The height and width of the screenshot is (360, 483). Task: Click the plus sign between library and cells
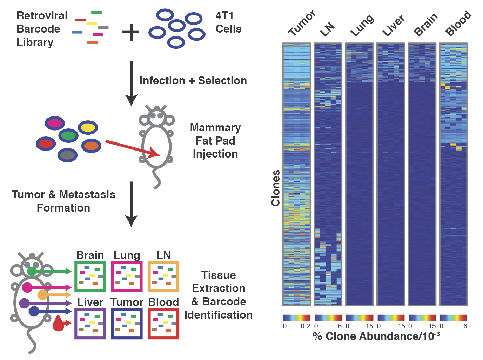click(x=130, y=32)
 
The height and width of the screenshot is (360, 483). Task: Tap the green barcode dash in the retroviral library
click(x=96, y=13)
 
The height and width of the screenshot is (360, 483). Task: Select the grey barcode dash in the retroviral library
click(x=103, y=27)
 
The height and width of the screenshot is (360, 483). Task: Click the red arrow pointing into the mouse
click(x=133, y=148)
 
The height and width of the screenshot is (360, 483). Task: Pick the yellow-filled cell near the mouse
click(x=88, y=127)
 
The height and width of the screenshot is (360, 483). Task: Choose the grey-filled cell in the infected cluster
click(x=67, y=155)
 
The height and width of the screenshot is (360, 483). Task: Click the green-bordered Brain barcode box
click(x=90, y=276)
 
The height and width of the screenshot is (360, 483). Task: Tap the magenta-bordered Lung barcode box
click(x=127, y=276)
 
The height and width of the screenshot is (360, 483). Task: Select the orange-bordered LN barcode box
click(x=163, y=276)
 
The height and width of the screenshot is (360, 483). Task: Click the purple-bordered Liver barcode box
click(x=90, y=324)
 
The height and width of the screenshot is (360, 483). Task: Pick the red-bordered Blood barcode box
click(x=163, y=324)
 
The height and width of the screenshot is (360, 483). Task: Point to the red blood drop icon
click(x=58, y=324)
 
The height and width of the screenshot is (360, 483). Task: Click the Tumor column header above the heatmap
click(x=302, y=23)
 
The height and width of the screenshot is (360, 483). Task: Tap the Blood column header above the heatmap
click(x=458, y=23)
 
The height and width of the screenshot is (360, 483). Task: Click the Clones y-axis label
click(x=275, y=188)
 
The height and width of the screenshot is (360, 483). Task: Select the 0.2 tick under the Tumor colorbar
click(x=305, y=326)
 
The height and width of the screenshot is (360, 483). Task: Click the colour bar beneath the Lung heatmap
click(x=360, y=318)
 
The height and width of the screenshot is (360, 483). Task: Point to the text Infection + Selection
click(x=193, y=80)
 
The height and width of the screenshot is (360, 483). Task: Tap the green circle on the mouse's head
click(x=32, y=271)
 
